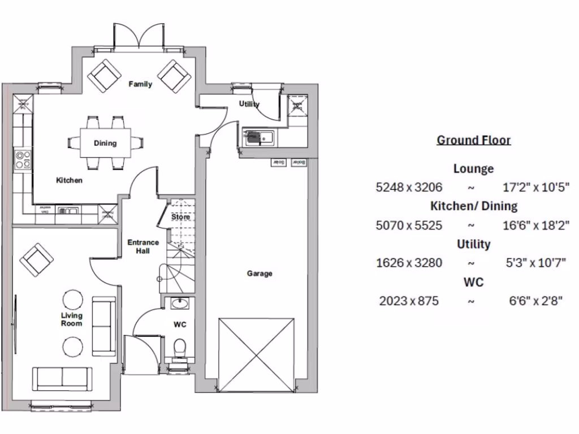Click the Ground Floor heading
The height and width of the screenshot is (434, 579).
coord(473,140)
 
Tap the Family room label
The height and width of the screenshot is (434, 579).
coord(140,85)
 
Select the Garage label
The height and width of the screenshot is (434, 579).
coord(260,274)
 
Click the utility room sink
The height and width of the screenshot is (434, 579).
coord(258,136)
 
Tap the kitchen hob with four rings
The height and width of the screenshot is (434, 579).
coord(23,159)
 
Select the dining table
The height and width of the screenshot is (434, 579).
coord(105,143)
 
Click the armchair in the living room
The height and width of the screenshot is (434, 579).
coord(37,259)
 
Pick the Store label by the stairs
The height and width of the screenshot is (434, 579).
coord(180,216)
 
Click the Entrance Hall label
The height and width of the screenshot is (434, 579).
coord(143,246)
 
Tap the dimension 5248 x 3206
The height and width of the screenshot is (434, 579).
coord(409,187)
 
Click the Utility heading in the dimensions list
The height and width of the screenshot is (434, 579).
coord(473,244)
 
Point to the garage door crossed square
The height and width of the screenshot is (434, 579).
coord(257,355)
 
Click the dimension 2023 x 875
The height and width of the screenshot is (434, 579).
coord(409,301)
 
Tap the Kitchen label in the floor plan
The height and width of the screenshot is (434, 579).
coord(69,180)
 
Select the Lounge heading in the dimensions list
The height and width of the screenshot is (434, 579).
coord(473,168)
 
